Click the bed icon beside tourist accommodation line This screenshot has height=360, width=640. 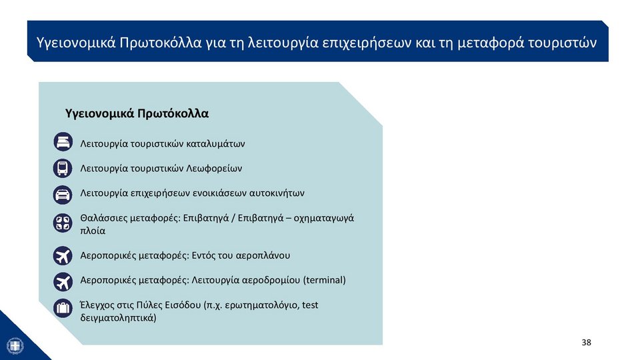coord(63,141)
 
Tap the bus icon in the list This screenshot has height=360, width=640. coord(63,168)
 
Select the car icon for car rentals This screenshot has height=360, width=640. coord(63,195)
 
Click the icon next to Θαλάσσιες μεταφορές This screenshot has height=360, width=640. coord(63,223)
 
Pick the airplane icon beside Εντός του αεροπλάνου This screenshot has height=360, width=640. coord(63,256)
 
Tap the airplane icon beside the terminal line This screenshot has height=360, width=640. coord(63,281)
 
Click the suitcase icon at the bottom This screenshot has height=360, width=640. coord(63,308)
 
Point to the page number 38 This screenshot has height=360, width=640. coord(586,343)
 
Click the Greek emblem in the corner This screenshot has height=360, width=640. coord(15,346)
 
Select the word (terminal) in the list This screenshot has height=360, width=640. coord(325,280)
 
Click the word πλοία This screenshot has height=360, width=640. coord(93,231)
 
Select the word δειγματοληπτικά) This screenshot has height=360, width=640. coord(119,318)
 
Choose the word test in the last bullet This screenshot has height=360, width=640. coord(310,305)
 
